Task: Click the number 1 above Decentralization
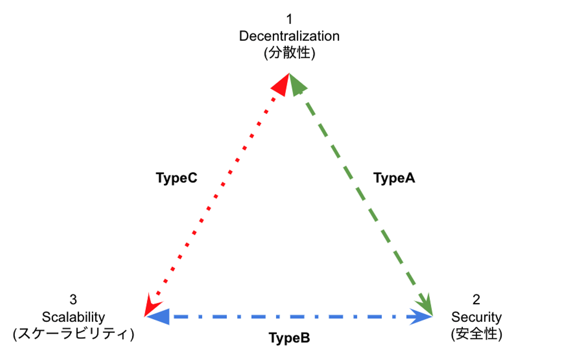[x=289, y=19]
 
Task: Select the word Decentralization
[x=289, y=36]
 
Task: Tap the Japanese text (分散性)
[x=289, y=53]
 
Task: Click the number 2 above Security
[x=476, y=299]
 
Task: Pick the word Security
[x=476, y=317]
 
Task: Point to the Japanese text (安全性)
[x=476, y=334]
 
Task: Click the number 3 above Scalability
[x=73, y=299]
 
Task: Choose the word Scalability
[x=73, y=317]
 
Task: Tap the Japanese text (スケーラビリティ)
[x=73, y=334]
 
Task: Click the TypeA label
[x=394, y=178]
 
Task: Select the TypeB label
[x=289, y=338]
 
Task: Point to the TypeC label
[x=177, y=178]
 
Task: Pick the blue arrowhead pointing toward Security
[x=420, y=317]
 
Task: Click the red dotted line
[x=216, y=196]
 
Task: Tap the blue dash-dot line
[x=289, y=317]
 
